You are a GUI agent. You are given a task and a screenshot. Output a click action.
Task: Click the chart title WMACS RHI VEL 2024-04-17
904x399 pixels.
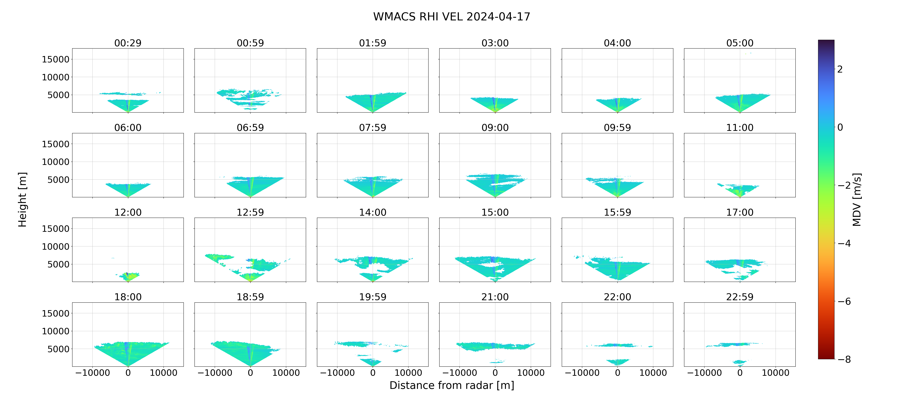[452, 16]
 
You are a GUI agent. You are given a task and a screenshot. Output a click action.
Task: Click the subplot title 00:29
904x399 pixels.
[128, 43]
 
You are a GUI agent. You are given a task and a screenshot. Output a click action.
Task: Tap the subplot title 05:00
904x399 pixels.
[740, 43]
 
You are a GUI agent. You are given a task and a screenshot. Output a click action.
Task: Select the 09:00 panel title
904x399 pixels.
[495, 128]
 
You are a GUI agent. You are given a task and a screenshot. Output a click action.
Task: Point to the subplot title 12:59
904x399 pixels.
[250, 212]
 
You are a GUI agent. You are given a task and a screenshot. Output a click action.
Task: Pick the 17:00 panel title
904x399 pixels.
[740, 212]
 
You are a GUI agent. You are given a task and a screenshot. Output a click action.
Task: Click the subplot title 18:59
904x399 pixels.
[250, 297]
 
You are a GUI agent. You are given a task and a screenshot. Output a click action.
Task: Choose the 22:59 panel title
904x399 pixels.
[740, 297]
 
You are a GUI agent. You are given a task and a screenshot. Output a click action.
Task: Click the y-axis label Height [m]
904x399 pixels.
[22, 199]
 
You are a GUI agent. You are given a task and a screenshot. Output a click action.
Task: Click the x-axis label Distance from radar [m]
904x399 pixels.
[452, 385]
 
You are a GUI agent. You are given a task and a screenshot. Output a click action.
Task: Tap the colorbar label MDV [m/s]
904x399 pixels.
[857, 199]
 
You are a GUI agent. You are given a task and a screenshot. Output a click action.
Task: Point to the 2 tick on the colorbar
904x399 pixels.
[840, 69]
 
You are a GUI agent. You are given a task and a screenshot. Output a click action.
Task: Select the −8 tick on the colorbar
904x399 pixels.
[844, 359]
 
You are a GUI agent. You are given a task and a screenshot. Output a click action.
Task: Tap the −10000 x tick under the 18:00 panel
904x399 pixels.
[93, 373]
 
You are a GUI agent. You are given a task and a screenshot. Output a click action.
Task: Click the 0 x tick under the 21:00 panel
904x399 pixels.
[495, 373]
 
